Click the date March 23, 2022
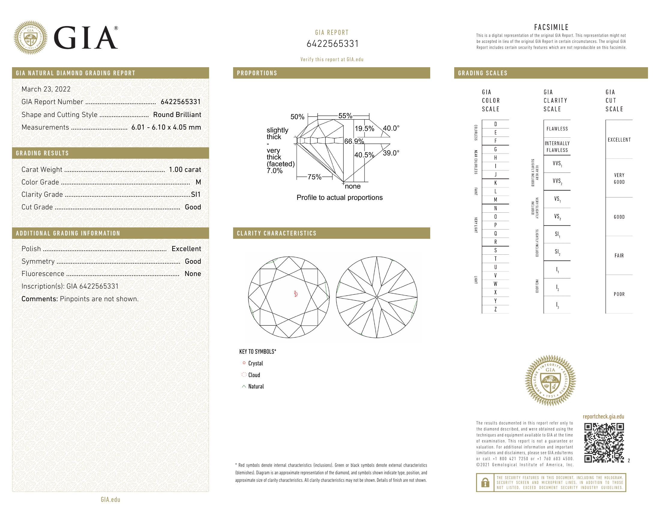46,89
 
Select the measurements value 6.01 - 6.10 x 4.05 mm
166,127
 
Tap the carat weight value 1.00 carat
184,169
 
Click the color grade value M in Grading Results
198,182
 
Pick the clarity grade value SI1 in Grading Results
196,195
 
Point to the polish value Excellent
186,249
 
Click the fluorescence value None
193,274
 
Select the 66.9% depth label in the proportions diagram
354,141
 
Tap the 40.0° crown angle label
391,128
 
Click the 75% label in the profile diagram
314,177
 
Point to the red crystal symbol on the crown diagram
296,294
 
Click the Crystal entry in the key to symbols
255,363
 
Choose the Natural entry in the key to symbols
256,386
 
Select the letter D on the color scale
495,124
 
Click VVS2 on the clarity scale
557,181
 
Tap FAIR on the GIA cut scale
619,256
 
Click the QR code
604,442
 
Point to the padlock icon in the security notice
485,482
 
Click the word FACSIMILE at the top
551,27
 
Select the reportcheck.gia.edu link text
603,417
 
